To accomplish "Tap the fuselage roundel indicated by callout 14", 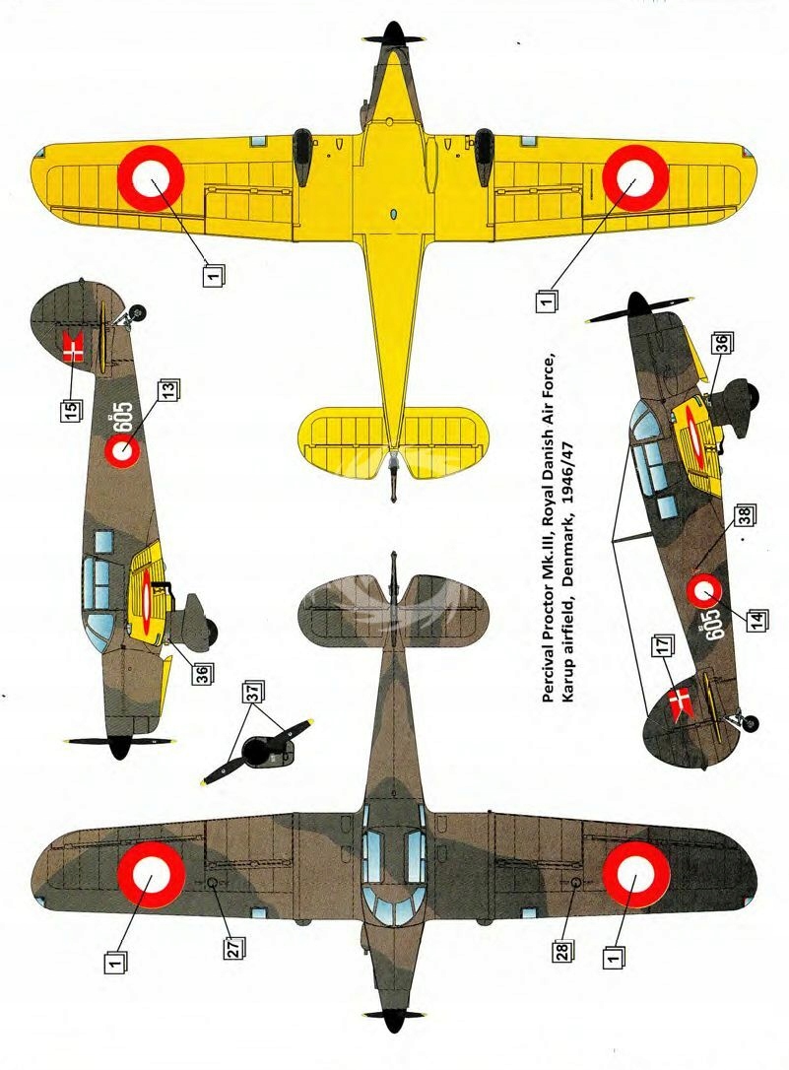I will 703,591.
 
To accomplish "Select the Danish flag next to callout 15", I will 73,348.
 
